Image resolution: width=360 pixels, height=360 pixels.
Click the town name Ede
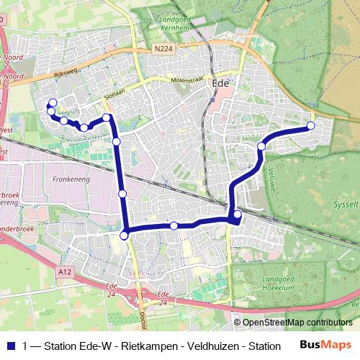tap(220, 84)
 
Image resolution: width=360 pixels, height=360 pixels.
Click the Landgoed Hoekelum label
tap(283, 283)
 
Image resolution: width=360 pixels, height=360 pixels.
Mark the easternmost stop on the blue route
tap(311, 126)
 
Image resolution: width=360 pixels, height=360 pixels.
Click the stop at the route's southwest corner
tap(124, 235)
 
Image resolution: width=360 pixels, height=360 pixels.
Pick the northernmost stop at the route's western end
tap(53, 102)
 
